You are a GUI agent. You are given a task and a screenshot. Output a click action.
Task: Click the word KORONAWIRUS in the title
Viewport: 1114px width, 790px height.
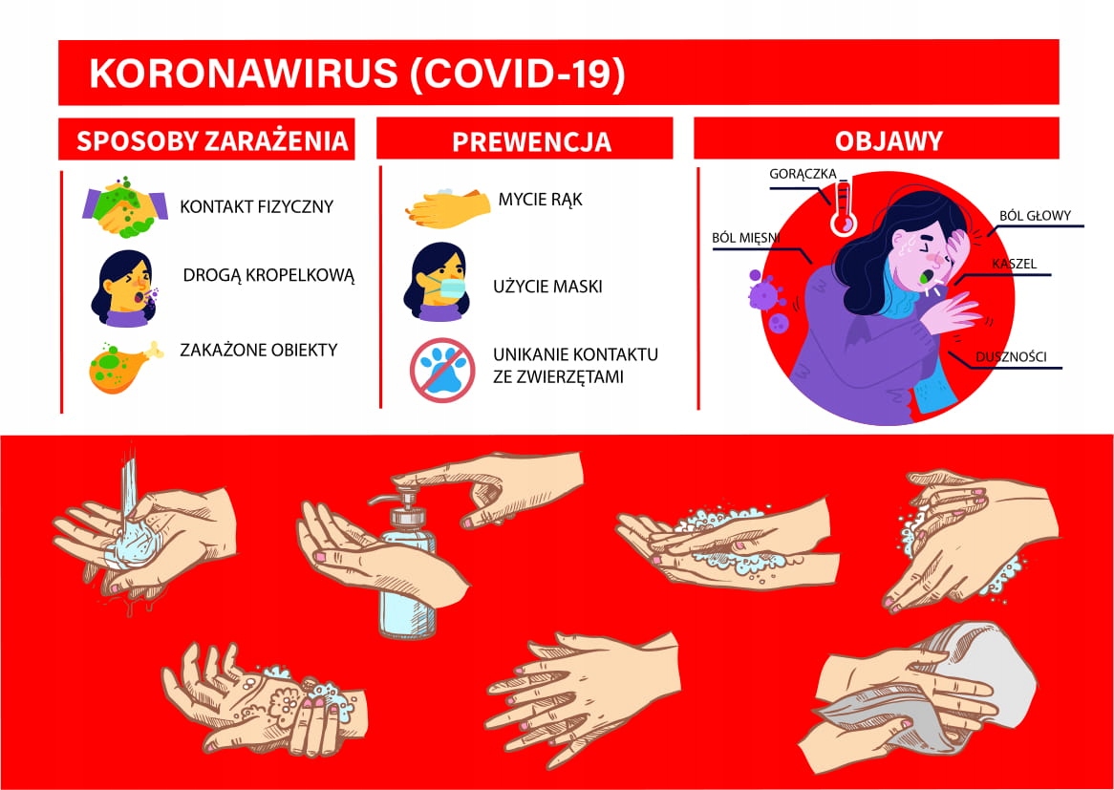244,74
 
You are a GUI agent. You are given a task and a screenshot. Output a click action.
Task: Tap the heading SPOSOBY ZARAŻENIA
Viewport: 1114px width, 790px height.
212,140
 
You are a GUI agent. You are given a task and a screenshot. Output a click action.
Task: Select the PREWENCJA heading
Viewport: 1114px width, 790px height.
532,141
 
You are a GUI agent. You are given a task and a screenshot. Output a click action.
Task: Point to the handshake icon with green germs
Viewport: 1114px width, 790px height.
125,206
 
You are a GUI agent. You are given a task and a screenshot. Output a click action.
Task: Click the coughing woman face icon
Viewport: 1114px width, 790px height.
125,288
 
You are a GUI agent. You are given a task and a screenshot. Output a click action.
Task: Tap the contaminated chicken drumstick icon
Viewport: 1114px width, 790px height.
124,366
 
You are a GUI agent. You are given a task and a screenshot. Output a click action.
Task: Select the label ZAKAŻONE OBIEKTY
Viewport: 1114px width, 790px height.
259,350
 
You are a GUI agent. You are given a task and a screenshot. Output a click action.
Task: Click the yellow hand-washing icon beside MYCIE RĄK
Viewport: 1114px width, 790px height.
447,207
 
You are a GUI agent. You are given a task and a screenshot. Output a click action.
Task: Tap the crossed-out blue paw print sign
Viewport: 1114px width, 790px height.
442,370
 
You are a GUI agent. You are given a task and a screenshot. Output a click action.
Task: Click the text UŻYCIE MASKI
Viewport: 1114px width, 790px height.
547,287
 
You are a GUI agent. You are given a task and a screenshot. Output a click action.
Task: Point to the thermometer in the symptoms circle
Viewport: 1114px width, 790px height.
844,206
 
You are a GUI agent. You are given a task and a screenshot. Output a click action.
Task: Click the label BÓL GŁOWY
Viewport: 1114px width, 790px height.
1035,216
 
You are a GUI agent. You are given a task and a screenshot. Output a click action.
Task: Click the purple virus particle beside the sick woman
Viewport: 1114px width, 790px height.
764,289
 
